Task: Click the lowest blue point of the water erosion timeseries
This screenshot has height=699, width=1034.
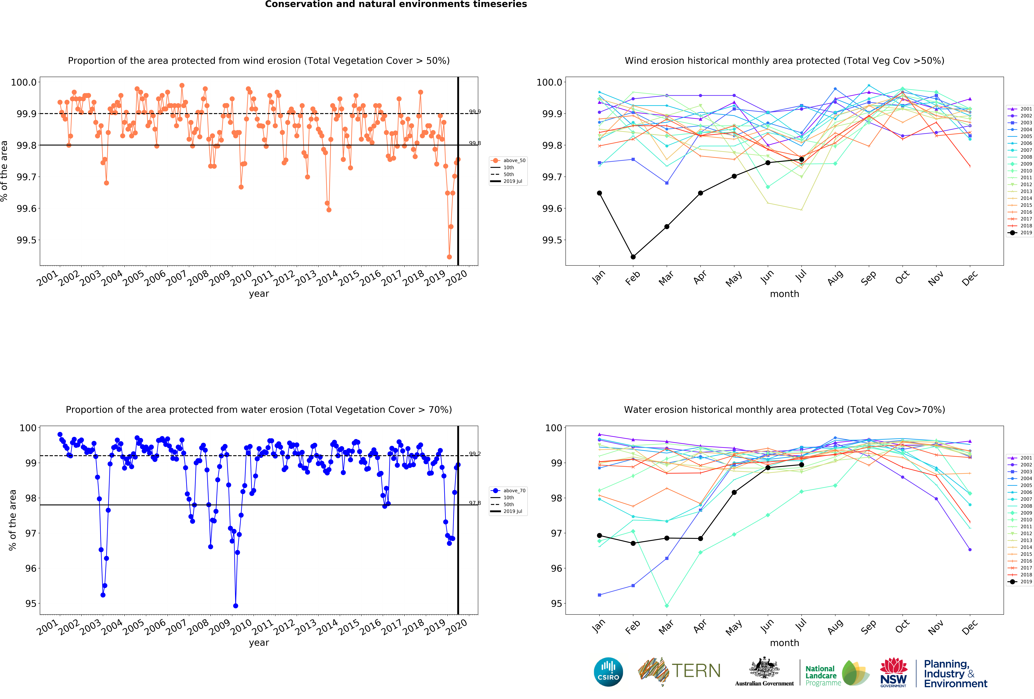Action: (235, 606)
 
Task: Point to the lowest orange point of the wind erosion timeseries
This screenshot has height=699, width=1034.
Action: (449, 257)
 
